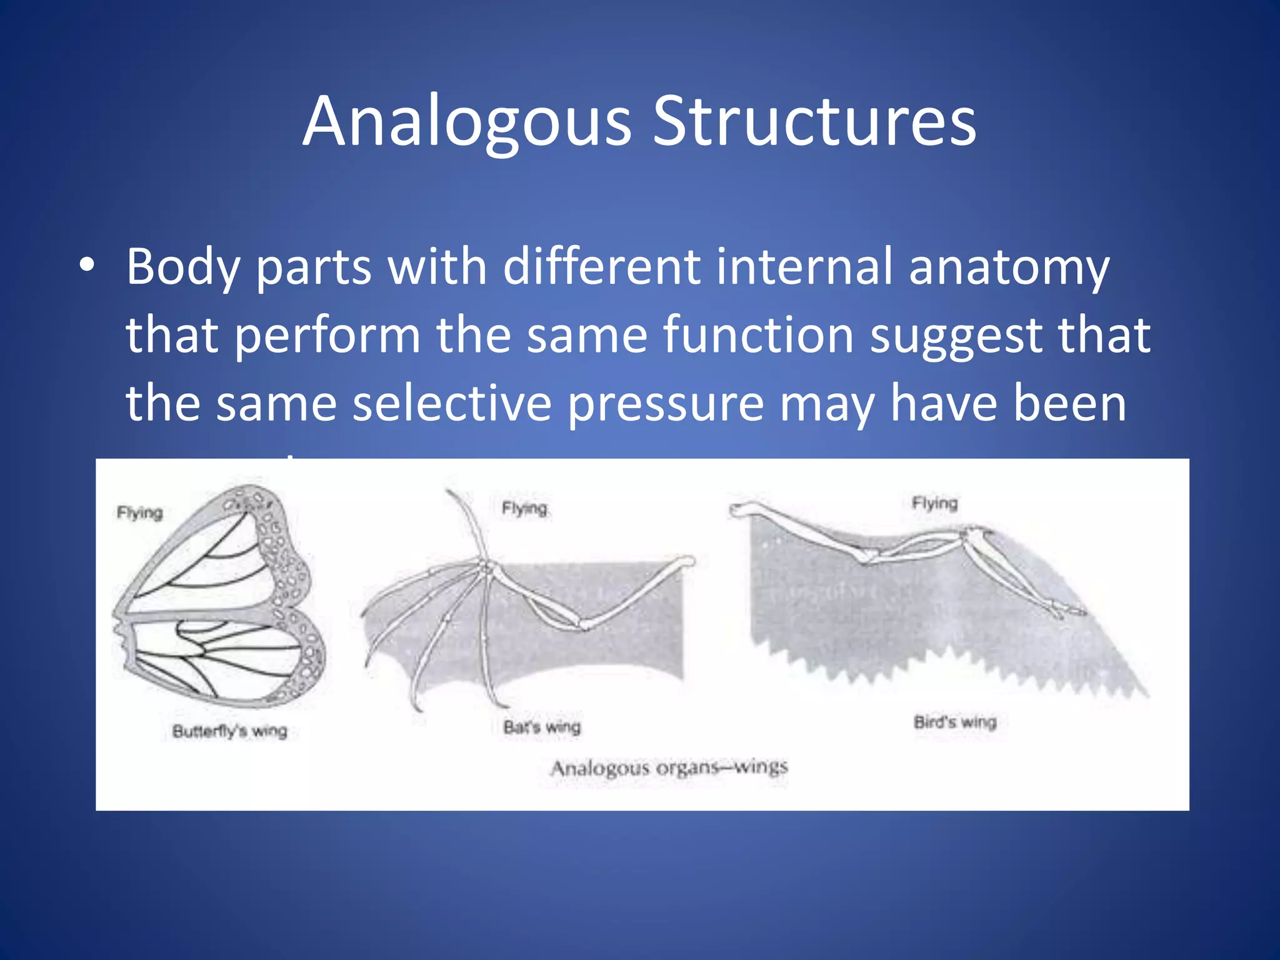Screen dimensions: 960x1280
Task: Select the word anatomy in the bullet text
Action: click(x=1008, y=267)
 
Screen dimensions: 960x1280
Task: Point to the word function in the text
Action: click(x=758, y=336)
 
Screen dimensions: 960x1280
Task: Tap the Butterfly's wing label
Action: click(x=229, y=731)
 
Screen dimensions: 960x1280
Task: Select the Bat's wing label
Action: click(x=542, y=727)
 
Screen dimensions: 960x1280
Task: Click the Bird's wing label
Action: click(x=954, y=722)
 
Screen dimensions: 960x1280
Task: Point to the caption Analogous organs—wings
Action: click(x=669, y=767)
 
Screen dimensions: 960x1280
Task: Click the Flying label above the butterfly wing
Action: click(x=139, y=513)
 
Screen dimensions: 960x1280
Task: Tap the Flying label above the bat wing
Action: click(x=524, y=509)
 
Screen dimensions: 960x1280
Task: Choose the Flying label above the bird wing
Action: click(x=934, y=503)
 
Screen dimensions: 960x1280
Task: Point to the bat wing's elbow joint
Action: click(x=584, y=624)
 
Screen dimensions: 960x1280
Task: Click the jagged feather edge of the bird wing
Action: click(x=937, y=672)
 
